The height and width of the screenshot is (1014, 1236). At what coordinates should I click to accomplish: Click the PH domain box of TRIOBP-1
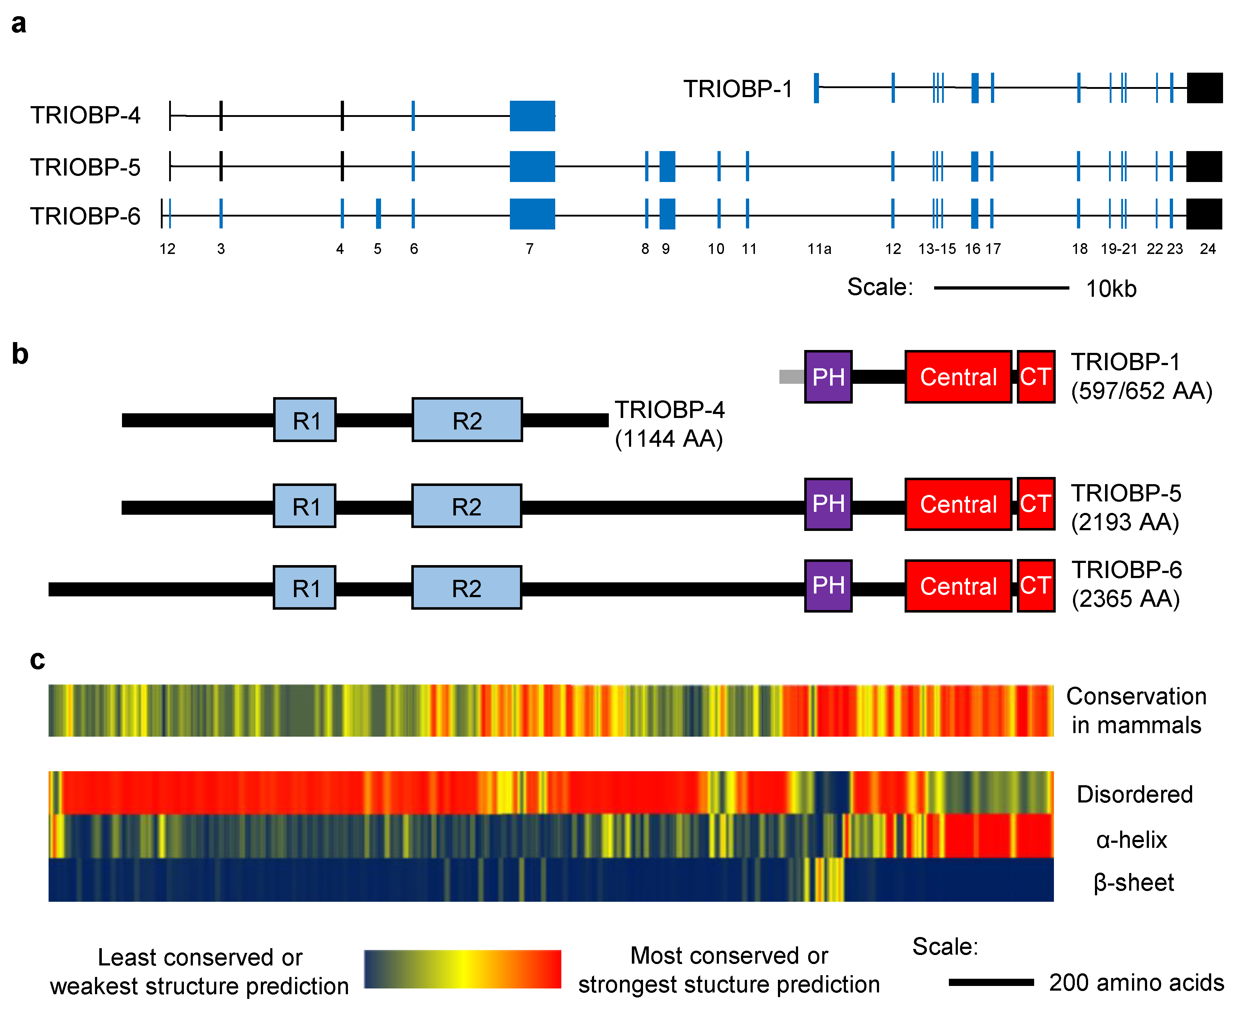(828, 377)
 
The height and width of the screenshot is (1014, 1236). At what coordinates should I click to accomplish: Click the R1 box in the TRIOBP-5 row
(304, 506)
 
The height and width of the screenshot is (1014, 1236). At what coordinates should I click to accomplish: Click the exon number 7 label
(529, 249)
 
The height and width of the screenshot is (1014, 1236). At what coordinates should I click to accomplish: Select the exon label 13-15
(937, 249)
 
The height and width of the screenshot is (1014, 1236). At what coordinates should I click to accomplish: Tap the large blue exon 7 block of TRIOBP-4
(532, 116)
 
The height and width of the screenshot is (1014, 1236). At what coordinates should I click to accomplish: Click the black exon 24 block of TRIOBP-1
(1204, 88)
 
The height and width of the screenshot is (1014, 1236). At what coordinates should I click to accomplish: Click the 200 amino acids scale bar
(991, 982)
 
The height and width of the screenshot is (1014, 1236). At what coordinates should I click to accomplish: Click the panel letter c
(37, 660)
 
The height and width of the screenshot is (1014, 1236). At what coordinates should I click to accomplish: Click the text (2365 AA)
(1126, 599)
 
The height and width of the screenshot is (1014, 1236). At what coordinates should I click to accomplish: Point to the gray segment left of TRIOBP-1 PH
(791, 377)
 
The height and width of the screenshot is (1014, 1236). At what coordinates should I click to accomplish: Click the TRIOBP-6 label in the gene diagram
(85, 216)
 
